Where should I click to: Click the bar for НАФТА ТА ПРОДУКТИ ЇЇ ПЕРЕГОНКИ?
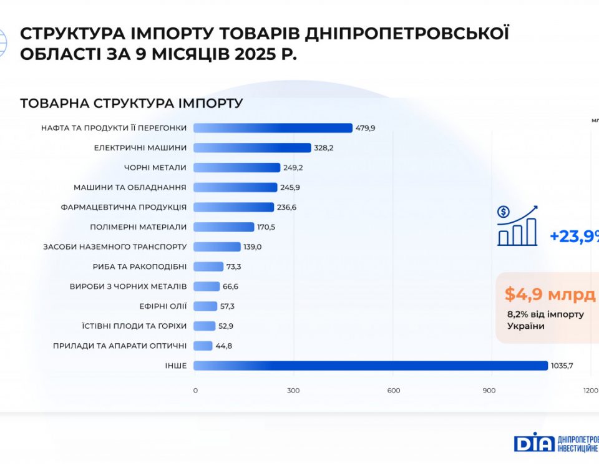click(273, 128)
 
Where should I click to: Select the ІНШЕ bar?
click(371, 366)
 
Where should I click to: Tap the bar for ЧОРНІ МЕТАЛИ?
click(236, 167)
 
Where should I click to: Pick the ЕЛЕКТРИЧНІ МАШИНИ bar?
click(252, 148)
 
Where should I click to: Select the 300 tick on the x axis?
click(294, 391)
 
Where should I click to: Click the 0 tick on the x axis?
click(195, 391)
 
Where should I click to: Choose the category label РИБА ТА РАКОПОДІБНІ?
click(139, 266)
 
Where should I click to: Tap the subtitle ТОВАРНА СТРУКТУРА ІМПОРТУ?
click(131, 103)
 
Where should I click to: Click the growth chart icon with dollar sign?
click(517, 225)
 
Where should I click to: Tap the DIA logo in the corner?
click(533, 442)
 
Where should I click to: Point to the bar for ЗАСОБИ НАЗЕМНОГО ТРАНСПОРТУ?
click(217, 247)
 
